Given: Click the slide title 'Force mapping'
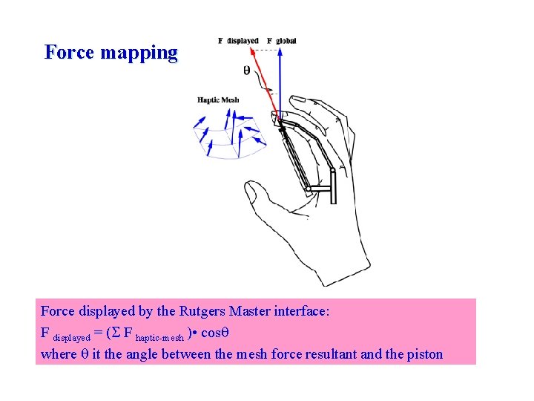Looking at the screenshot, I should (111, 53).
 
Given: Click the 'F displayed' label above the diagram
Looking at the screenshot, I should (238, 40).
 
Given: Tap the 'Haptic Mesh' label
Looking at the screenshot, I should (218, 100).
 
